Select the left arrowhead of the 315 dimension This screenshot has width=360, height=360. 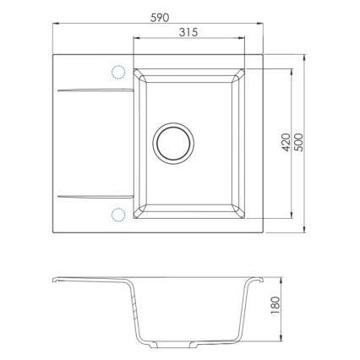(x=136, y=40)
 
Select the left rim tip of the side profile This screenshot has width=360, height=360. (x=52, y=281)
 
